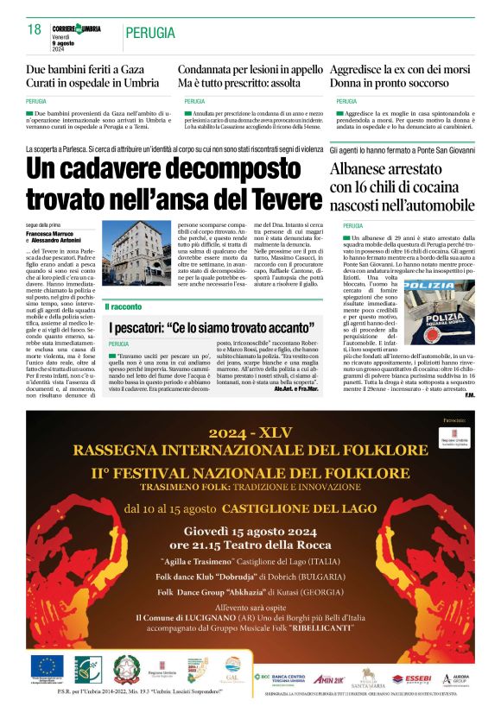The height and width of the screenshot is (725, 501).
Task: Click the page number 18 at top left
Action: pos(35,29)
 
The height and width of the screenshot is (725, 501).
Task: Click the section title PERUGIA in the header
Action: pos(152,32)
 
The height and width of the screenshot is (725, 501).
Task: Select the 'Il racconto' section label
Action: pos(123,306)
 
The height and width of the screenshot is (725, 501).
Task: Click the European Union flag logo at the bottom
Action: pos(44,666)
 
